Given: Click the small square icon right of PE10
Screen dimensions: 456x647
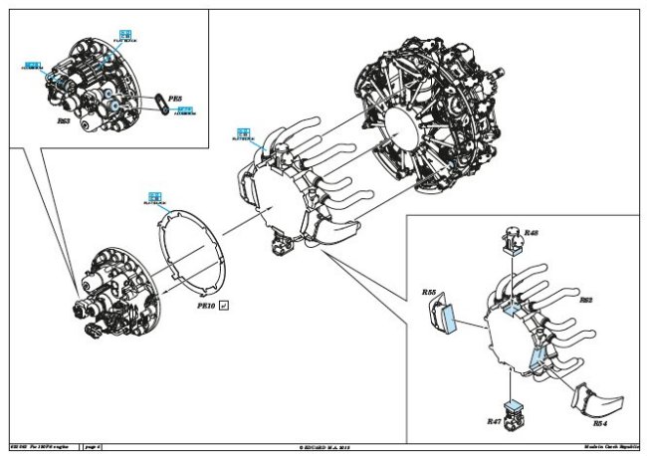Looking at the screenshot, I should click(x=224, y=305).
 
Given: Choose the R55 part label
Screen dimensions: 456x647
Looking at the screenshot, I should click(x=428, y=293).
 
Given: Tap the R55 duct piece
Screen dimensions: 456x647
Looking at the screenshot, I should click(x=440, y=318).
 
